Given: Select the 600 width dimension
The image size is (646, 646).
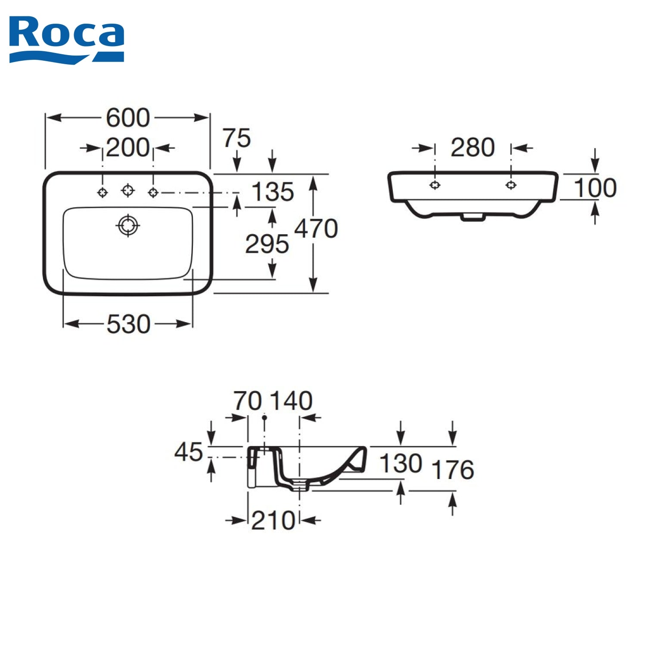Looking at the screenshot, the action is [x=128, y=118].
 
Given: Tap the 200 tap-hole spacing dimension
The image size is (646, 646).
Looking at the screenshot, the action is [x=128, y=148].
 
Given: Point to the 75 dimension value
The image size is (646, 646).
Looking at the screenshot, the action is [x=236, y=138].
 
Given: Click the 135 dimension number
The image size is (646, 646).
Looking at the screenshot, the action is [x=273, y=192].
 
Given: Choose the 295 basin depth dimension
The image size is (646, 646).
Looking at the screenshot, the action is [x=267, y=244].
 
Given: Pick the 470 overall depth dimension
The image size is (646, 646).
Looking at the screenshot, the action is [x=316, y=228].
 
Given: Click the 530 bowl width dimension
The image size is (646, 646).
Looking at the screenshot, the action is [x=128, y=324].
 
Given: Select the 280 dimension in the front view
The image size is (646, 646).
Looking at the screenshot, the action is [x=472, y=148].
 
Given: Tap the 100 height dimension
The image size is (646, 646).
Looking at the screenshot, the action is [x=595, y=188].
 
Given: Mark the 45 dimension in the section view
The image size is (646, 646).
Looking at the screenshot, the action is [x=188, y=452].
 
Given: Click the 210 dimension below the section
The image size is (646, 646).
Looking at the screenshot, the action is [x=273, y=520].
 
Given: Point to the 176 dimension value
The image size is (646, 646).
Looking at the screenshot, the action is [x=453, y=469].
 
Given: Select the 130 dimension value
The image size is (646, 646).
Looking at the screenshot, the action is [x=401, y=463].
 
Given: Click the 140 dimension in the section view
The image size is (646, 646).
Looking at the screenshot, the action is [x=291, y=401].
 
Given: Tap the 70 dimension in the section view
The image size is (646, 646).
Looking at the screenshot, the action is [x=248, y=401].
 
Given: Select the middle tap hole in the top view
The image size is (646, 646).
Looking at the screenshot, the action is [x=128, y=189].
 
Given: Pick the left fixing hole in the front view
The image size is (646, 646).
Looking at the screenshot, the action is [x=435, y=185].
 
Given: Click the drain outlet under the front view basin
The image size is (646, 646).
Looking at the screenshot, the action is [x=472, y=217].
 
